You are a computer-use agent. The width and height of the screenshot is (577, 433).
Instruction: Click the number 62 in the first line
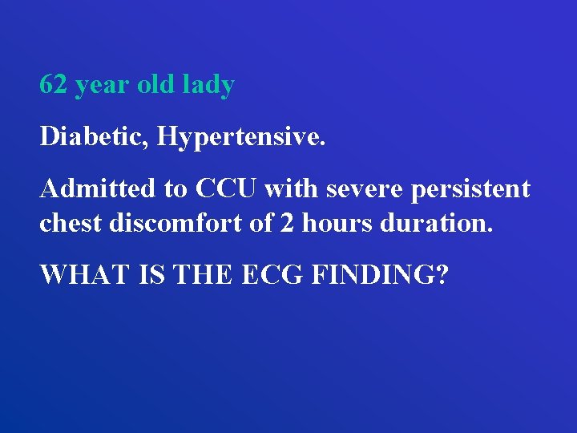tap(54, 85)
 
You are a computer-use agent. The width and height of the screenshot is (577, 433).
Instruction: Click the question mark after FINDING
tap(442, 274)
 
